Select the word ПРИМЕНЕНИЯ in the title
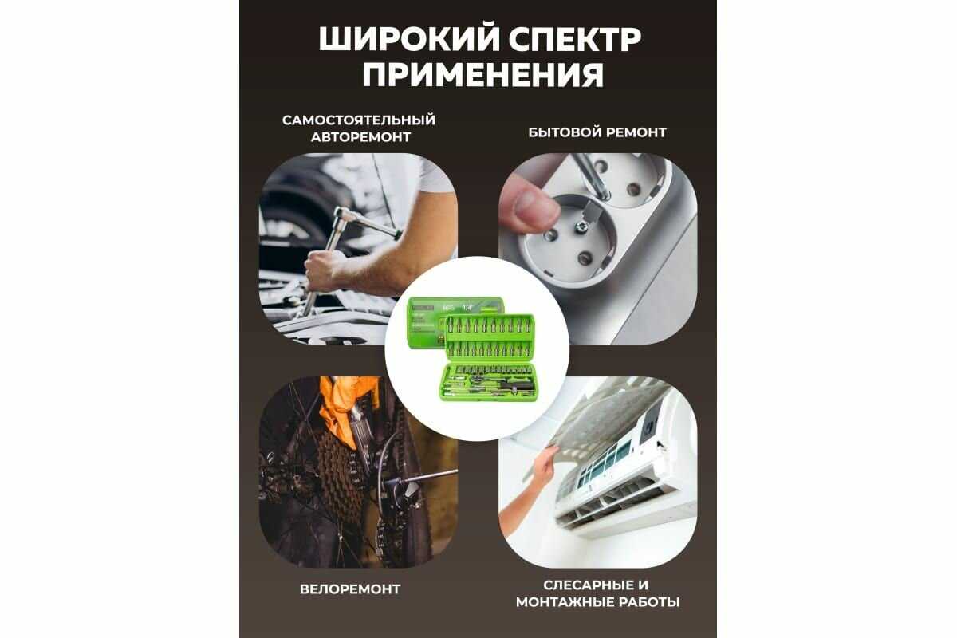[483, 75]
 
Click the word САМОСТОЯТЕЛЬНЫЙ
[359, 120]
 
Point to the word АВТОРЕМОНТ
[360, 137]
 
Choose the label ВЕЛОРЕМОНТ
[350, 589]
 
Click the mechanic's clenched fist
[324, 270]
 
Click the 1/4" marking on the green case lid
[469, 306]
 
